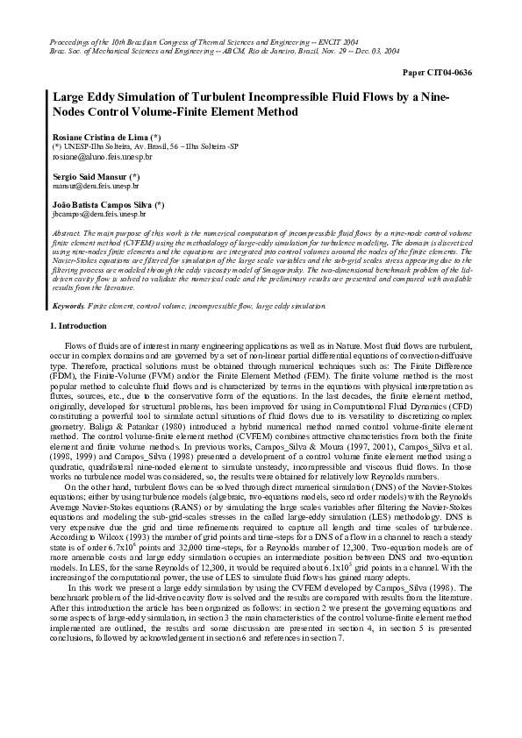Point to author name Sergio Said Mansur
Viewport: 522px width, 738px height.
90,176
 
